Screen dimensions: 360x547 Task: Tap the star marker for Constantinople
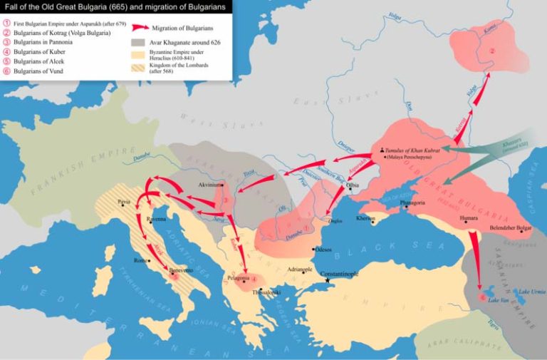[x=328, y=280]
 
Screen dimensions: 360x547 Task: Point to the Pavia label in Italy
[x=125, y=202]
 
